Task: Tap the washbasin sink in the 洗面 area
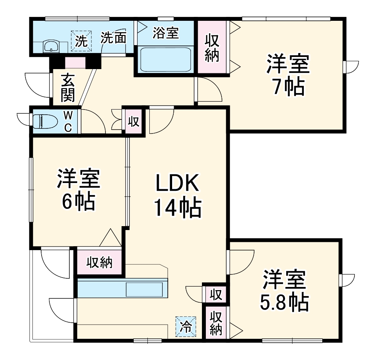[51, 46]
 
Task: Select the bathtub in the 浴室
[164, 59]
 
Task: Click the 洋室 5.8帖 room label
[284, 291]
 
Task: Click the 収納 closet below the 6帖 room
[100, 262]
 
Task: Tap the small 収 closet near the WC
[134, 122]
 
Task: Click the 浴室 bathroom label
[165, 33]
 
